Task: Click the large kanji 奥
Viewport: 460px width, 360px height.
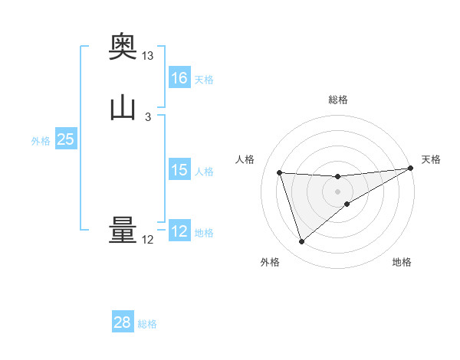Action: pos(123,47)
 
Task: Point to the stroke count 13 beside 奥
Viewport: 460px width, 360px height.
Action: pos(148,56)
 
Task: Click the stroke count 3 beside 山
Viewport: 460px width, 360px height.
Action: pos(147,117)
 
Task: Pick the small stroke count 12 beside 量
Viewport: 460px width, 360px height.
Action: pos(148,240)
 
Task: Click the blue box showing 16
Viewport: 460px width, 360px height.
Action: pos(179,78)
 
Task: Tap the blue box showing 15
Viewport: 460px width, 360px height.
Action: pos(179,170)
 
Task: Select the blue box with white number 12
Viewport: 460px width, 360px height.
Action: pos(179,231)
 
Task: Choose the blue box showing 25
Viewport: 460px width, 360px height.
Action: pos(66,139)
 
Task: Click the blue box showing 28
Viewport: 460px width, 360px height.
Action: pos(123,322)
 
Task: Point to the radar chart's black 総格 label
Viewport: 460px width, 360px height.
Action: pos(338,100)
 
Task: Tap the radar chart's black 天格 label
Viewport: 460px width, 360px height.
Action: pos(431,159)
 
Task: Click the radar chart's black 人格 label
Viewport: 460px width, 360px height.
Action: pos(245,159)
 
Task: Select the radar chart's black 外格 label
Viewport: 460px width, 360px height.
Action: pos(270,263)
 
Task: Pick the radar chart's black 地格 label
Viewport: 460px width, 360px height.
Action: pos(402,263)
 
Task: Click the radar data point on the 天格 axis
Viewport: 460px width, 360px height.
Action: pos(411,169)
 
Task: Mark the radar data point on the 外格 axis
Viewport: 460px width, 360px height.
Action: pos(301,242)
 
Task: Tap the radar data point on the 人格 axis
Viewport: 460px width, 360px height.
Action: pos(280,172)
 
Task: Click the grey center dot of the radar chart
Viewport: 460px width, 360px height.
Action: pos(338,191)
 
